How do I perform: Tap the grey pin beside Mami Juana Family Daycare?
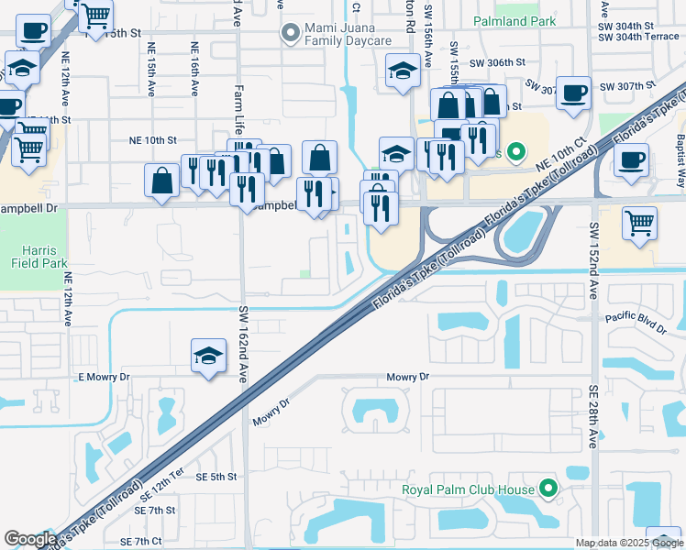pos(291,34)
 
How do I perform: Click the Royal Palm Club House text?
pos(468,489)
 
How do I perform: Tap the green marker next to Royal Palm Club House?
pos(548,489)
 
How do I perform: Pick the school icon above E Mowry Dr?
pos(208,356)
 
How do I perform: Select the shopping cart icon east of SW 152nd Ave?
pos(639,223)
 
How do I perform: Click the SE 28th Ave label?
pos(594,415)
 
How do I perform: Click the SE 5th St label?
pos(211,477)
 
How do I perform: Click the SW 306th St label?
pos(496,63)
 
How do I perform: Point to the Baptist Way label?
pos(679,151)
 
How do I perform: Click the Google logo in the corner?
pos(30,538)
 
